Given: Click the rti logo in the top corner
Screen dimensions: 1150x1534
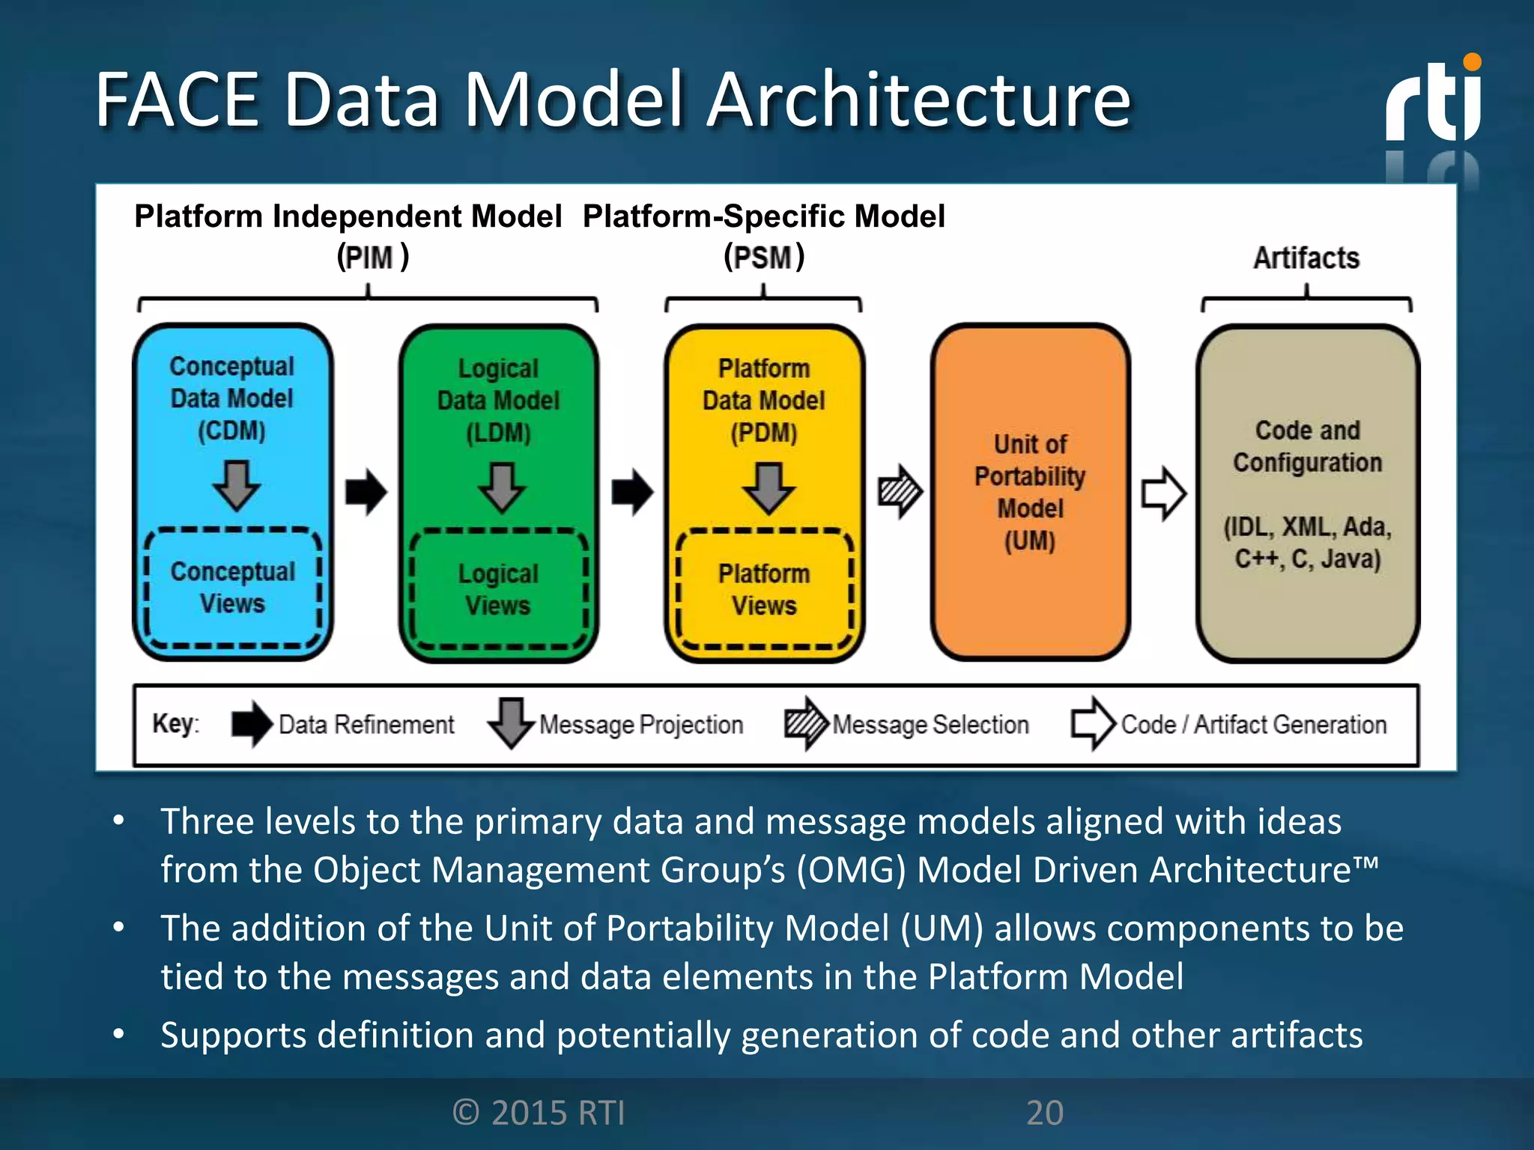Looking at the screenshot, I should point(1433,101).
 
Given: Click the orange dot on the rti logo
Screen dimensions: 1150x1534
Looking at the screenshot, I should point(1472,62).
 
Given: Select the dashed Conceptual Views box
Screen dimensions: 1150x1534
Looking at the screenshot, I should point(233,588).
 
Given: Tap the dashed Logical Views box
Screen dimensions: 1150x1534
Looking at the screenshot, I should point(498,590).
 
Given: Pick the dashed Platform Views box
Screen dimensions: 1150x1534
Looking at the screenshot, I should point(764,590).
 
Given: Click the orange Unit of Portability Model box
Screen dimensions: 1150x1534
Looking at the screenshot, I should point(1030,492).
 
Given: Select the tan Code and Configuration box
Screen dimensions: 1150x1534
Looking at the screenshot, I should point(1307,493).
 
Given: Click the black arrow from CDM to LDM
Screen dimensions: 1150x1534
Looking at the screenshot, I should point(366,492).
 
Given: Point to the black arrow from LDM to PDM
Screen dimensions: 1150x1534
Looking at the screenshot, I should point(632,492).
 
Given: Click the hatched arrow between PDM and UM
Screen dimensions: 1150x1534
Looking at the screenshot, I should point(900,492).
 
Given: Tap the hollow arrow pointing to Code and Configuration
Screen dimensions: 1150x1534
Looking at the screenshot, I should point(1163,493).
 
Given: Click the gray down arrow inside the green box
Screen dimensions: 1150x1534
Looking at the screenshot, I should point(502,487).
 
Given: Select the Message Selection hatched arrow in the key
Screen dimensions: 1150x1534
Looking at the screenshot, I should point(806,723).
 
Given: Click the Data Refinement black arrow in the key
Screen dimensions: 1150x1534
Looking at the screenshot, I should point(252,723).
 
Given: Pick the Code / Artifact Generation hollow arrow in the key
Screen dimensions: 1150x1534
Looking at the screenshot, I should point(1093,723).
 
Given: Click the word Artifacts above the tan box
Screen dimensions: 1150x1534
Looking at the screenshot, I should point(1306,258).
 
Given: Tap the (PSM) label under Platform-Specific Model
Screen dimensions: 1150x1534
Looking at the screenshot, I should point(763,258).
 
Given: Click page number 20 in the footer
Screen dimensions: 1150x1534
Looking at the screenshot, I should point(1044,1113).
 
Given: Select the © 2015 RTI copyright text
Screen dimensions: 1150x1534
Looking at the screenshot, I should point(539,1113).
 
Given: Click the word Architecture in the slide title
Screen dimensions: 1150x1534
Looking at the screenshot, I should point(919,100).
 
